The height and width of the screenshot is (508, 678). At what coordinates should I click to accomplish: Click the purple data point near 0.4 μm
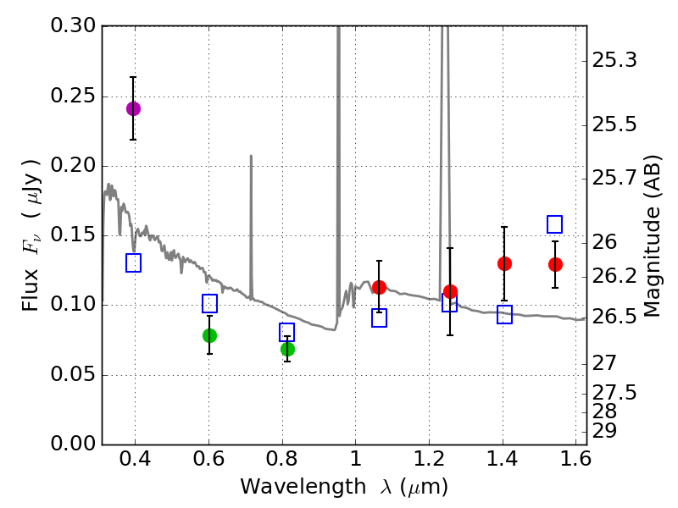tap(133, 108)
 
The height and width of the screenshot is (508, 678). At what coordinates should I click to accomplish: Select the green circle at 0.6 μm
tap(209, 335)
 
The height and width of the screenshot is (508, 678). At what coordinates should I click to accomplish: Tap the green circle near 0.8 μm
tap(287, 349)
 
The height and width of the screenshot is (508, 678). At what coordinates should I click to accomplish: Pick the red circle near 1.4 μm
tap(504, 263)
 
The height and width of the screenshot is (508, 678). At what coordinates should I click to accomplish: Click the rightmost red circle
tap(555, 264)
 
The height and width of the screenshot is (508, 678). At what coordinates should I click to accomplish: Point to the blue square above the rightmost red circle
tap(555, 224)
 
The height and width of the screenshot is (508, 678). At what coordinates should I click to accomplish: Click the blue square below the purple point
tap(133, 262)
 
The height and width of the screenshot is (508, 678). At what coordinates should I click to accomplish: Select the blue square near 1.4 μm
tap(504, 315)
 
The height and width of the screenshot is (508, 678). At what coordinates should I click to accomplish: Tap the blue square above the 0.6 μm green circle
tap(209, 303)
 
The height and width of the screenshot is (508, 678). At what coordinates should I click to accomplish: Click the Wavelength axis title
tap(344, 487)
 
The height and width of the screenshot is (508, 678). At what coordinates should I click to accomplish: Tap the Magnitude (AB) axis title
tap(652, 235)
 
